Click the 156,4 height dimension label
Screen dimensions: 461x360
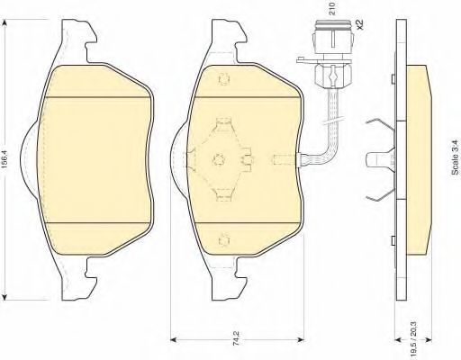pos(6,161)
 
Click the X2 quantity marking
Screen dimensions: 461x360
pos(359,24)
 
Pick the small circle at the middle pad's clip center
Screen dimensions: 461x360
pos(219,159)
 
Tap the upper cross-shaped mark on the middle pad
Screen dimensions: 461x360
pos(224,79)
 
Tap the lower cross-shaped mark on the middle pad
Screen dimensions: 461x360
pos(224,240)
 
